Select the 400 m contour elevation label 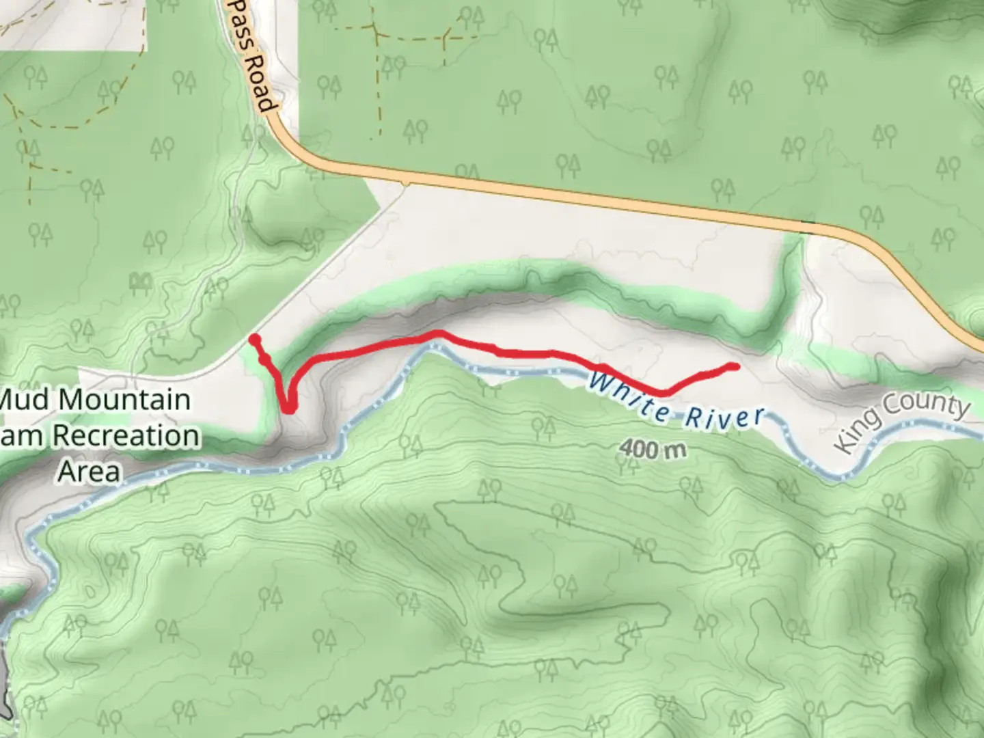click(652, 449)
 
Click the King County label click(902, 422)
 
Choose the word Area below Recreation click(89, 471)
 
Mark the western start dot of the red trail click(254, 340)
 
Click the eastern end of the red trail click(735, 367)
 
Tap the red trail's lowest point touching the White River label click(661, 392)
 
